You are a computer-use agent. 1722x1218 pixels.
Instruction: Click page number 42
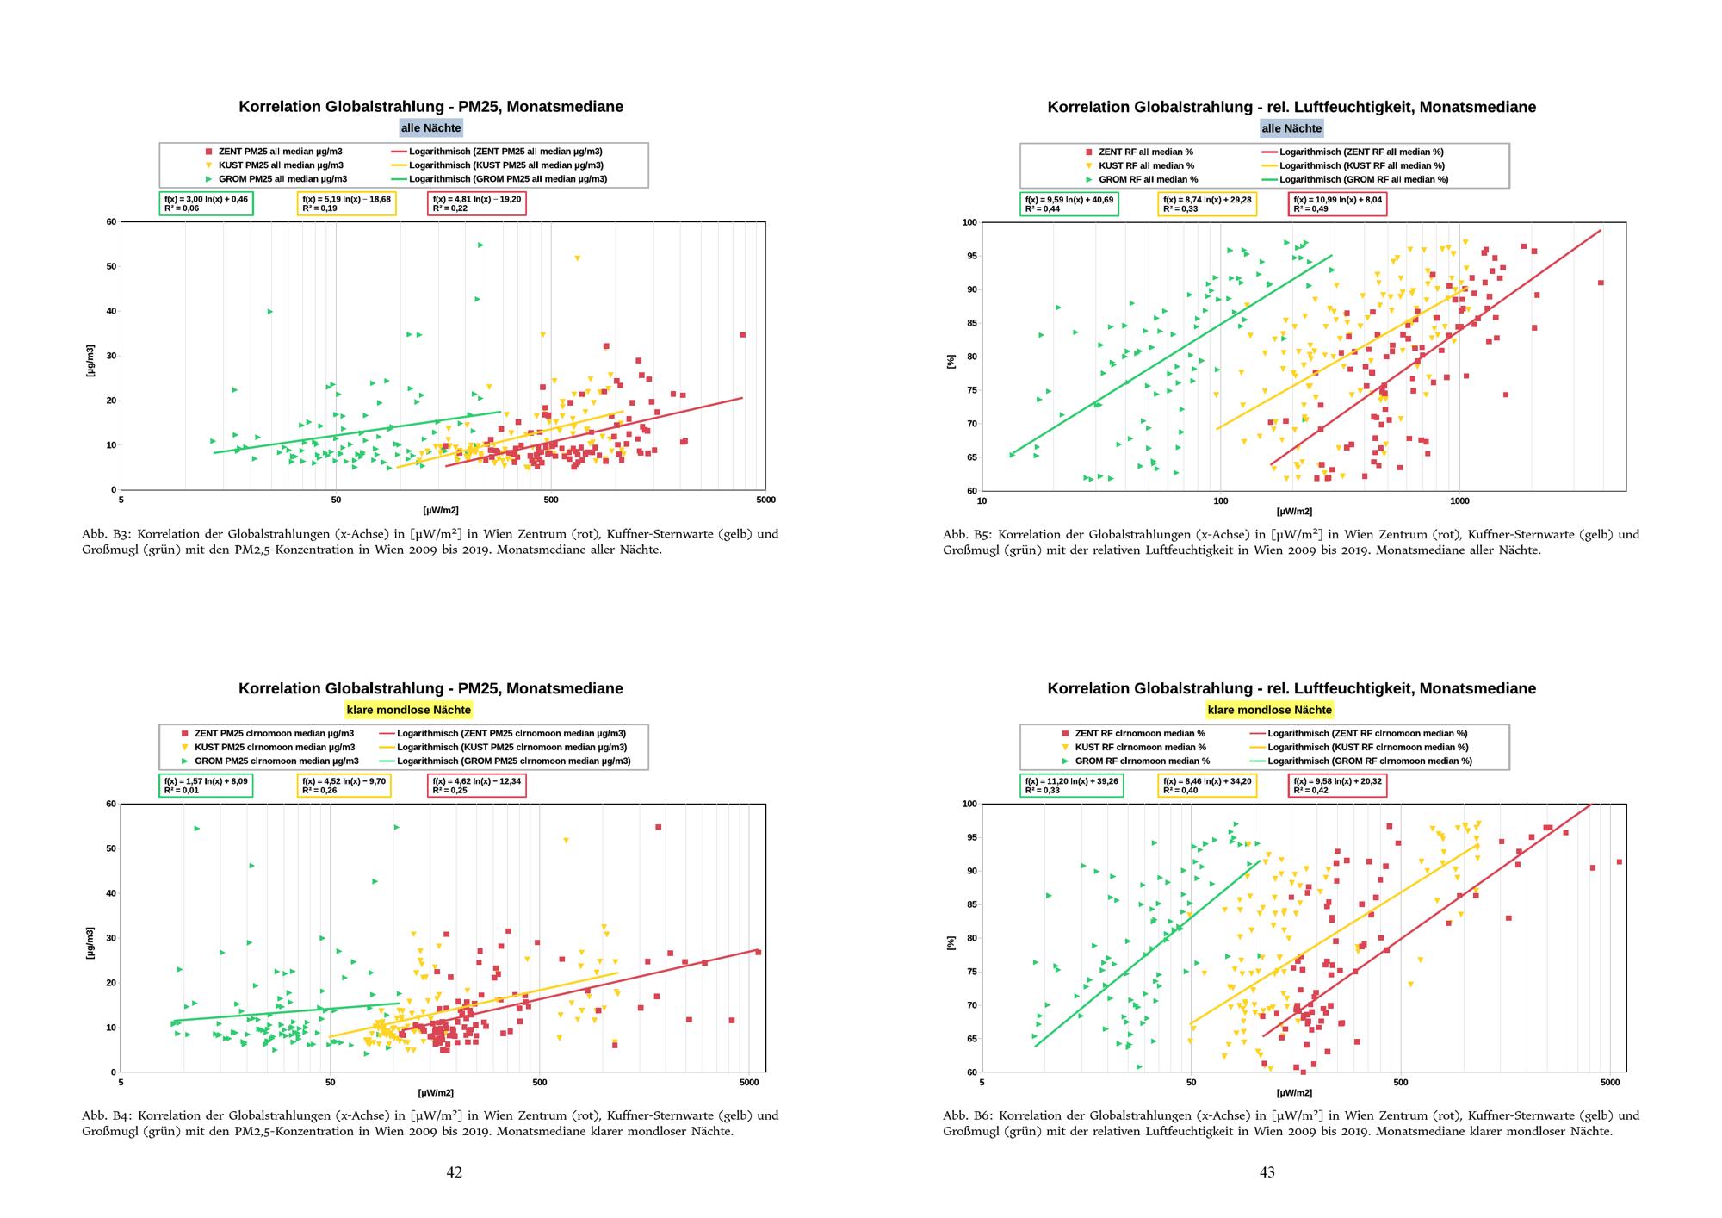[454, 1171]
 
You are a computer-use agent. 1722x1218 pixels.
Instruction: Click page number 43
[1267, 1171]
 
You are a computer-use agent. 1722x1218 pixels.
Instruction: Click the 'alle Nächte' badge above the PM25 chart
[430, 128]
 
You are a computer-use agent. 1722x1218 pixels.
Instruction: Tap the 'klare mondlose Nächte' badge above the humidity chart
[1269, 710]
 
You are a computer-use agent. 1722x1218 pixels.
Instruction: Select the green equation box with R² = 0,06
[206, 203]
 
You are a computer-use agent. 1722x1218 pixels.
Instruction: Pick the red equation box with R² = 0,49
[1337, 204]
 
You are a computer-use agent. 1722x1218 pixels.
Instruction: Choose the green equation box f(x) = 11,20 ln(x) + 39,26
[1071, 785]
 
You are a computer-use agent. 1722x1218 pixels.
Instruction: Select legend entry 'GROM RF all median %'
[1148, 179]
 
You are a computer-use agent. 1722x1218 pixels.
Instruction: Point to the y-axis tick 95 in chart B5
[969, 256]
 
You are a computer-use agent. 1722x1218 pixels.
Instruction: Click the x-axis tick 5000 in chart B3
[765, 500]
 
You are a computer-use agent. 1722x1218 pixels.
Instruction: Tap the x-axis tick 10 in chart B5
[982, 500]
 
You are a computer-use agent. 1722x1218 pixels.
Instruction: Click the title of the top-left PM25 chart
[430, 107]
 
